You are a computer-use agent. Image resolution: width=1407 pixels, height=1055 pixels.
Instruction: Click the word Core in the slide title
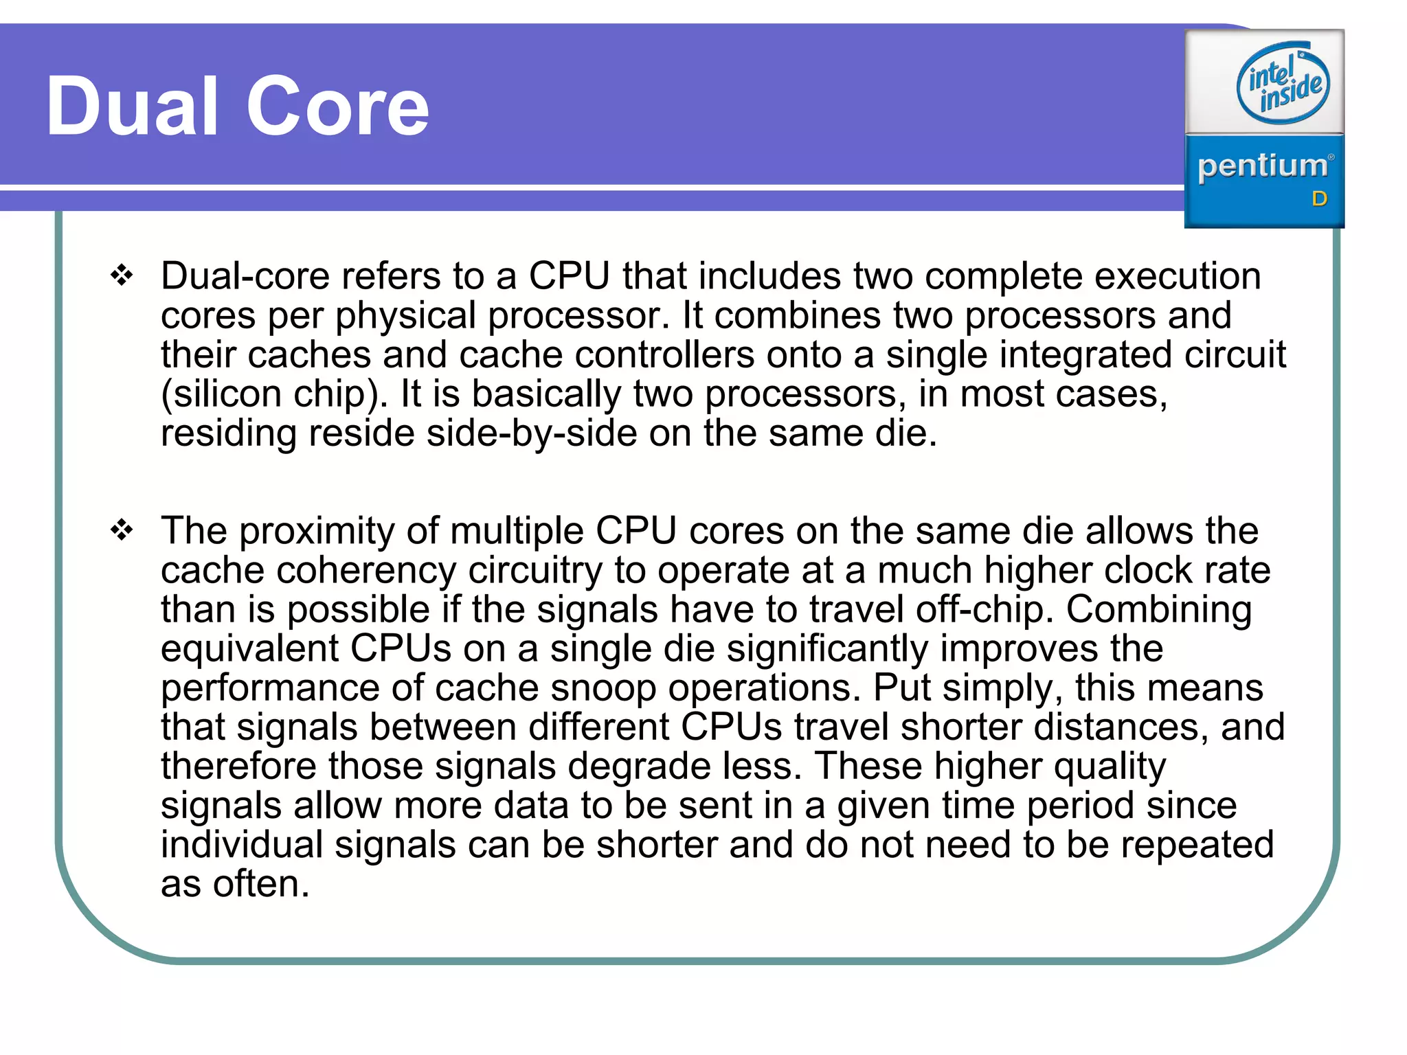337,107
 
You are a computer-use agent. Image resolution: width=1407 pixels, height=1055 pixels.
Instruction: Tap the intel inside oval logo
1283,83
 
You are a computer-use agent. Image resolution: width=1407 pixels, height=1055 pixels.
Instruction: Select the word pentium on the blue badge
1262,167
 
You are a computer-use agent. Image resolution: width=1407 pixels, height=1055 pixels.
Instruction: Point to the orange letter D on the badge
1319,199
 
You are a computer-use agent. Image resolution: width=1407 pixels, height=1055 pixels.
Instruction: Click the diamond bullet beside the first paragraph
122,275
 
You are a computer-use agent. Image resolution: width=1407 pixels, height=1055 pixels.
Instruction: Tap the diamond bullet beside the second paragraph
122,530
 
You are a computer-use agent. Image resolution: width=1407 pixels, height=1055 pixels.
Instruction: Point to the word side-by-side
531,433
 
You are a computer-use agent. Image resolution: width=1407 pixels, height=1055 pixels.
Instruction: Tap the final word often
260,884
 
